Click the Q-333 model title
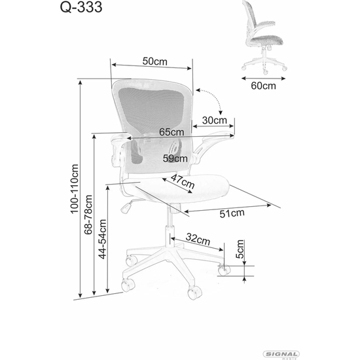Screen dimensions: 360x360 81,7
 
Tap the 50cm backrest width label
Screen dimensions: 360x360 155,62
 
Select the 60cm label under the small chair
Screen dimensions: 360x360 263,86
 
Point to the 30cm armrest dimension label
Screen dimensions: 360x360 215,120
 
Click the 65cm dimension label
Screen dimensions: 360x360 171,132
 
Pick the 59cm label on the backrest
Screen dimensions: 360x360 175,158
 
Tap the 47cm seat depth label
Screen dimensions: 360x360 183,181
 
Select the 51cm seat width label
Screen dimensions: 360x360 232,213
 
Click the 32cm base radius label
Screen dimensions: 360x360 198,239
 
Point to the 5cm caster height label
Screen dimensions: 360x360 240,249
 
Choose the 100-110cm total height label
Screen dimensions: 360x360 75,189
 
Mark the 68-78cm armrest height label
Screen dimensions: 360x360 88,215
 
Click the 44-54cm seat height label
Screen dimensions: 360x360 102,239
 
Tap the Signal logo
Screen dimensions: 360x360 281,354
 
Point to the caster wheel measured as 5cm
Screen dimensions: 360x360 224,270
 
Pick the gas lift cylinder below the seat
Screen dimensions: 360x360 170,226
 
